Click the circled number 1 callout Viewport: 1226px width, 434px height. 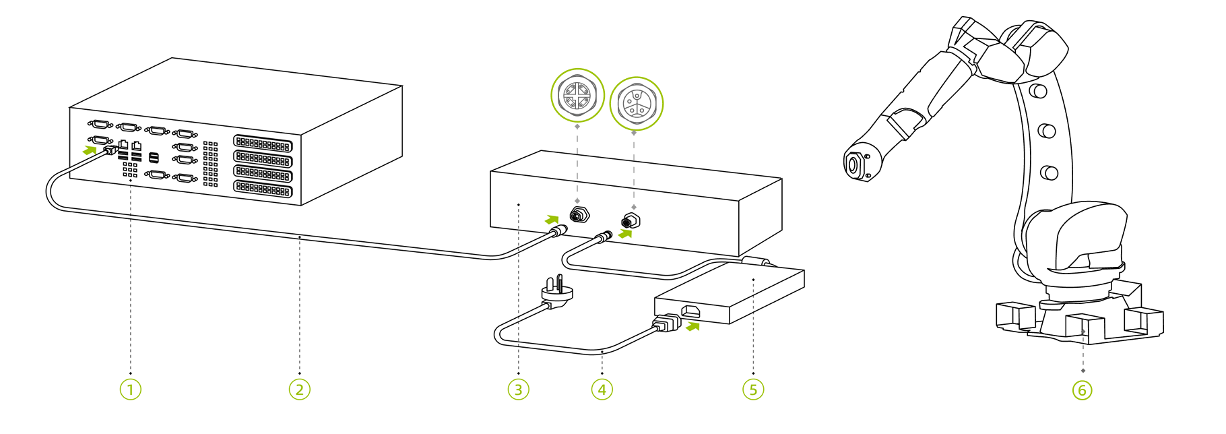[x=131, y=390]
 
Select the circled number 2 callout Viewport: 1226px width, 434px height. [x=300, y=390]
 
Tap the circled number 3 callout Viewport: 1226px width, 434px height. [x=518, y=390]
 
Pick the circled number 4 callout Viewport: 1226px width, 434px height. [x=602, y=390]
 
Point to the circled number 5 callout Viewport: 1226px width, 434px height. [x=753, y=390]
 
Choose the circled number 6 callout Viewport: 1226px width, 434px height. [x=1083, y=390]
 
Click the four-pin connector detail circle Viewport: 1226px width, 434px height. [x=578, y=95]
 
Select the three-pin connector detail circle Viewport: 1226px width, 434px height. [x=636, y=103]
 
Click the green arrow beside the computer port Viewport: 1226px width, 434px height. [x=89, y=150]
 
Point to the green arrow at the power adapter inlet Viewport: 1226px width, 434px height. [x=692, y=327]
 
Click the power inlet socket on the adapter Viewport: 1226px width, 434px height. [x=690, y=311]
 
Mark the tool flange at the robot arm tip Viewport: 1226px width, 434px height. [x=853, y=164]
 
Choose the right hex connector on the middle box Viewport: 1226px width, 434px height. [x=631, y=221]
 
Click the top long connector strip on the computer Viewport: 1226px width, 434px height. [x=263, y=144]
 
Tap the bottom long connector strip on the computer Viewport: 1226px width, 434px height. [x=263, y=189]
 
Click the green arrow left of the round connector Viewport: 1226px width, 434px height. [x=552, y=220]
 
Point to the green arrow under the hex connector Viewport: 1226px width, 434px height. [x=626, y=234]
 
